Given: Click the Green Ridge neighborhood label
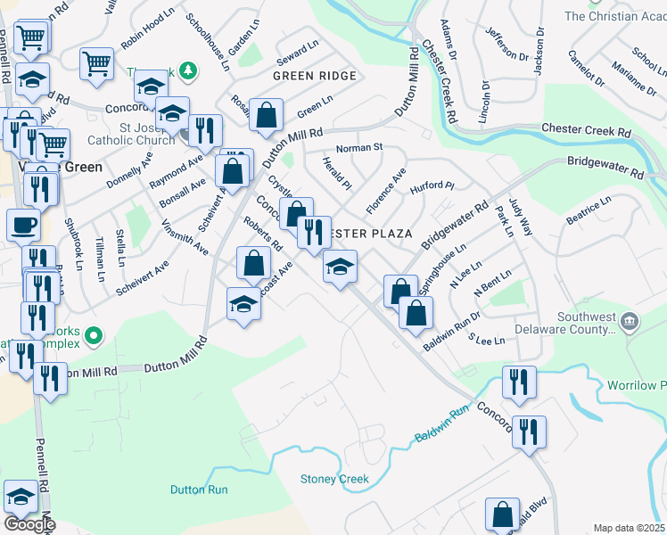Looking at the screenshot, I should point(315,76).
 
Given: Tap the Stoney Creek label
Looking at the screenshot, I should point(334,480).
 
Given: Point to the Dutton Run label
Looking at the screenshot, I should point(199,490).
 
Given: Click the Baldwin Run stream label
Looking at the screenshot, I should point(441,426).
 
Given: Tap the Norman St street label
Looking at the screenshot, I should point(358,147).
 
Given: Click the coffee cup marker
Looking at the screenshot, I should point(23,225).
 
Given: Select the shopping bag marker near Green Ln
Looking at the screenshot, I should point(266,114).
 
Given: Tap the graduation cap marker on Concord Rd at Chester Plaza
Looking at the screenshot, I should point(339,267).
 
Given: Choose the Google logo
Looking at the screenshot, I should point(29,524).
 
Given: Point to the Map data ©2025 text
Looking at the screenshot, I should point(628,528).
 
